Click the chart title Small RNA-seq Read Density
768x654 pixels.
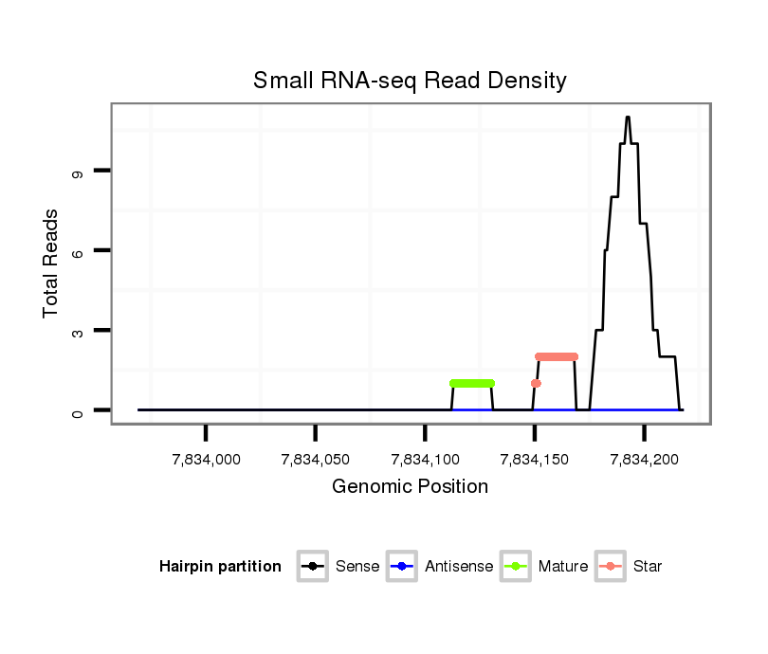click(410, 81)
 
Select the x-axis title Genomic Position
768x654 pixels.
click(410, 487)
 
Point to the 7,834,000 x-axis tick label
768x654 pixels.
click(206, 460)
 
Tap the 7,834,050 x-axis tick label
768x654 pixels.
click(315, 460)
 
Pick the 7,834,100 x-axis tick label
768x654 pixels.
click(425, 460)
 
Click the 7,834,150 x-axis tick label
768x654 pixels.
click(535, 460)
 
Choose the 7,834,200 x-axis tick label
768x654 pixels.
click(644, 460)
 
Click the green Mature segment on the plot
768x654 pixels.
click(472, 383)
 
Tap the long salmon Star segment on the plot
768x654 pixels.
click(556, 356)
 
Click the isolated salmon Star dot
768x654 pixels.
click(536, 383)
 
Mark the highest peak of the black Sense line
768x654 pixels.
click(628, 118)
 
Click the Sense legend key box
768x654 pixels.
click(312, 567)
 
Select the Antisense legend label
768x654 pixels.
click(459, 567)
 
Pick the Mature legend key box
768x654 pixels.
click(515, 567)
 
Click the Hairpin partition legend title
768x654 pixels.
click(220, 567)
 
